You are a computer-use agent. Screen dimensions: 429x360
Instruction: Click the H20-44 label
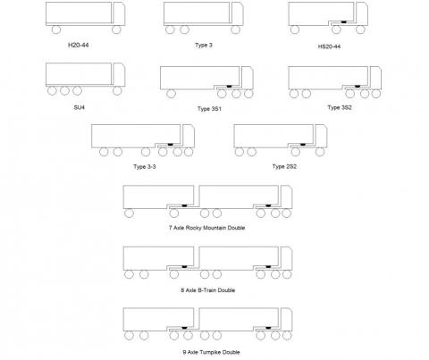(79, 46)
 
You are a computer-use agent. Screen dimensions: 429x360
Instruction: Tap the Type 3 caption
(204, 46)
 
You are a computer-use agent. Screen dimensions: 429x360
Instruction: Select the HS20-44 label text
(329, 46)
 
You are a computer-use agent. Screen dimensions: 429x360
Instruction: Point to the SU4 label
(80, 107)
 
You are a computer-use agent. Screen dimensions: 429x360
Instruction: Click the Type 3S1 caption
(209, 109)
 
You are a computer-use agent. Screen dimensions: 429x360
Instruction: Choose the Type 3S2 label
(340, 107)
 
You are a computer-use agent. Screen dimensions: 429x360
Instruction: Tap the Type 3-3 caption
(145, 166)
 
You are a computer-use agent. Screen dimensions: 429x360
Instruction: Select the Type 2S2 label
(284, 166)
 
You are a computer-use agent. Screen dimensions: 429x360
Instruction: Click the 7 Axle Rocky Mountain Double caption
(207, 228)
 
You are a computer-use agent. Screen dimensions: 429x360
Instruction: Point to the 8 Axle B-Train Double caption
(208, 290)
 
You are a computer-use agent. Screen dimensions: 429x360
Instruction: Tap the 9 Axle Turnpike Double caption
(211, 352)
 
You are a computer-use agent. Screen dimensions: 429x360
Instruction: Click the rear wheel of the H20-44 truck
(56, 29)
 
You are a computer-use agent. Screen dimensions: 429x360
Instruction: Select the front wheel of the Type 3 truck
(235, 29)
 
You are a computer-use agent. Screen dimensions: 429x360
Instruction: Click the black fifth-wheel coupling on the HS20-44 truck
(344, 22)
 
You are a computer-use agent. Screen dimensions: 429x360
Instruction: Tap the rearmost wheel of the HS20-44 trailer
(294, 29)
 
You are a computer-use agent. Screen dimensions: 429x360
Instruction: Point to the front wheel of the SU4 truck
(117, 91)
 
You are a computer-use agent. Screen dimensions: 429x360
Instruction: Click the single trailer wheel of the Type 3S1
(171, 94)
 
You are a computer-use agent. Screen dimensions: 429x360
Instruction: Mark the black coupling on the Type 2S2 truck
(303, 145)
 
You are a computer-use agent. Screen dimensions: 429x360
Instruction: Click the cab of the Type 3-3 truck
(189, 136)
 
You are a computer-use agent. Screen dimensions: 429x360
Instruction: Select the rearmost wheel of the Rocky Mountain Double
(129, 213)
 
